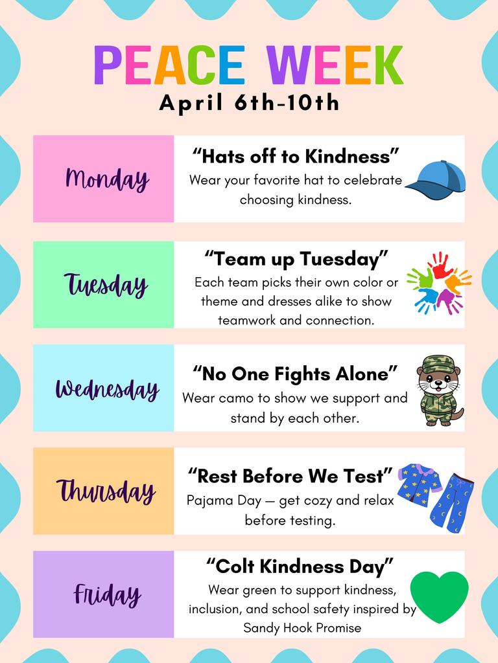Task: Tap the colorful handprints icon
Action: point(439,283)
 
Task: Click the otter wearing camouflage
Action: point(439,390)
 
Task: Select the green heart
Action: point(440,596)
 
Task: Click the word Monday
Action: point(107,179)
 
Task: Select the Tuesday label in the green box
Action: point(106,284)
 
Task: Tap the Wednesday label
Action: point(107,388)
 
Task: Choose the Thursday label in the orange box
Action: point(106,491)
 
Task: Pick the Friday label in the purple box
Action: point(107,594)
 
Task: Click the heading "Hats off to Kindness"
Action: point(296,156)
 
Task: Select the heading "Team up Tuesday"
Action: point(296,259)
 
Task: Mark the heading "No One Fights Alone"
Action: point(296,374)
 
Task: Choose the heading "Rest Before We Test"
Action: point(290,477)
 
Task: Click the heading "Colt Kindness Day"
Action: point(300,567)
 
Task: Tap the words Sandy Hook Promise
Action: point(302,627)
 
